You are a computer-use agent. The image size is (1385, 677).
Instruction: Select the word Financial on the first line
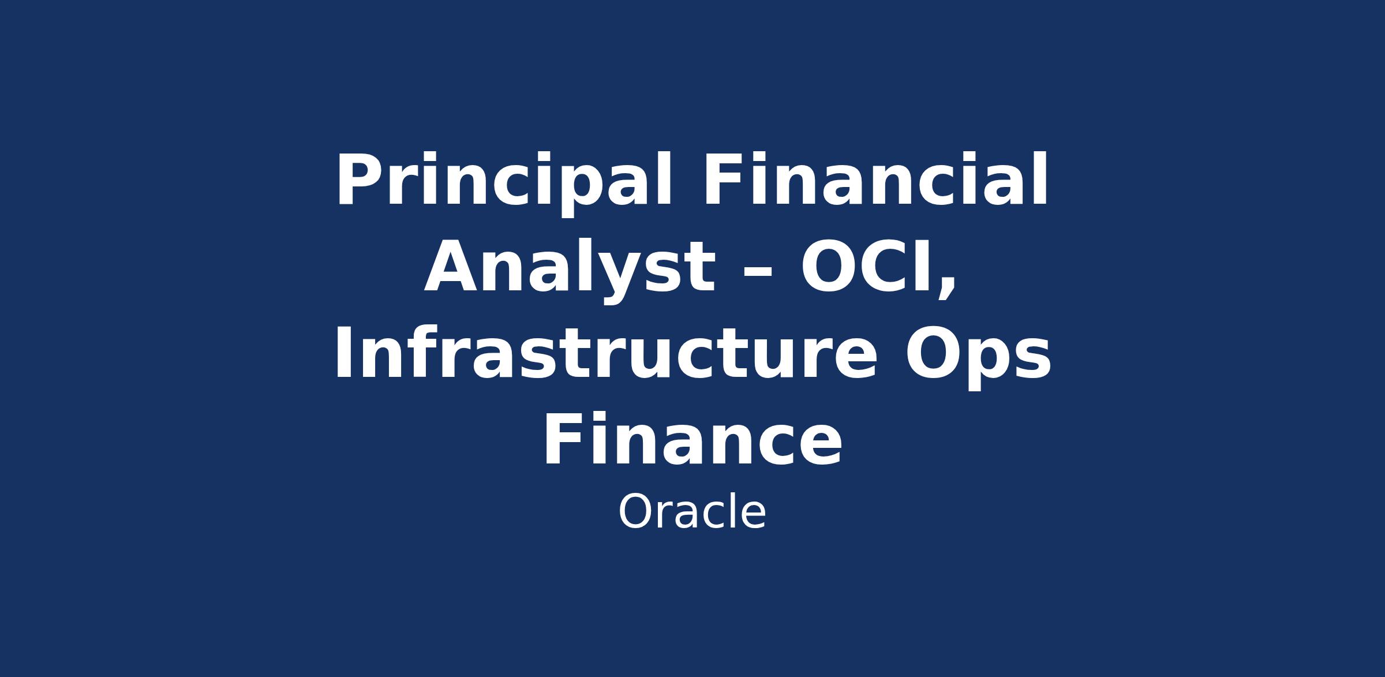(x=875, y=178)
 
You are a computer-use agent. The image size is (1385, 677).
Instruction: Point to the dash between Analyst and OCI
(x=758, y=274)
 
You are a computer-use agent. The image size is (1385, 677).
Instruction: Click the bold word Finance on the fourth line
(x=692, y=438)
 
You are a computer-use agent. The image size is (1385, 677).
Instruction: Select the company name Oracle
(x=692, y=512)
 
